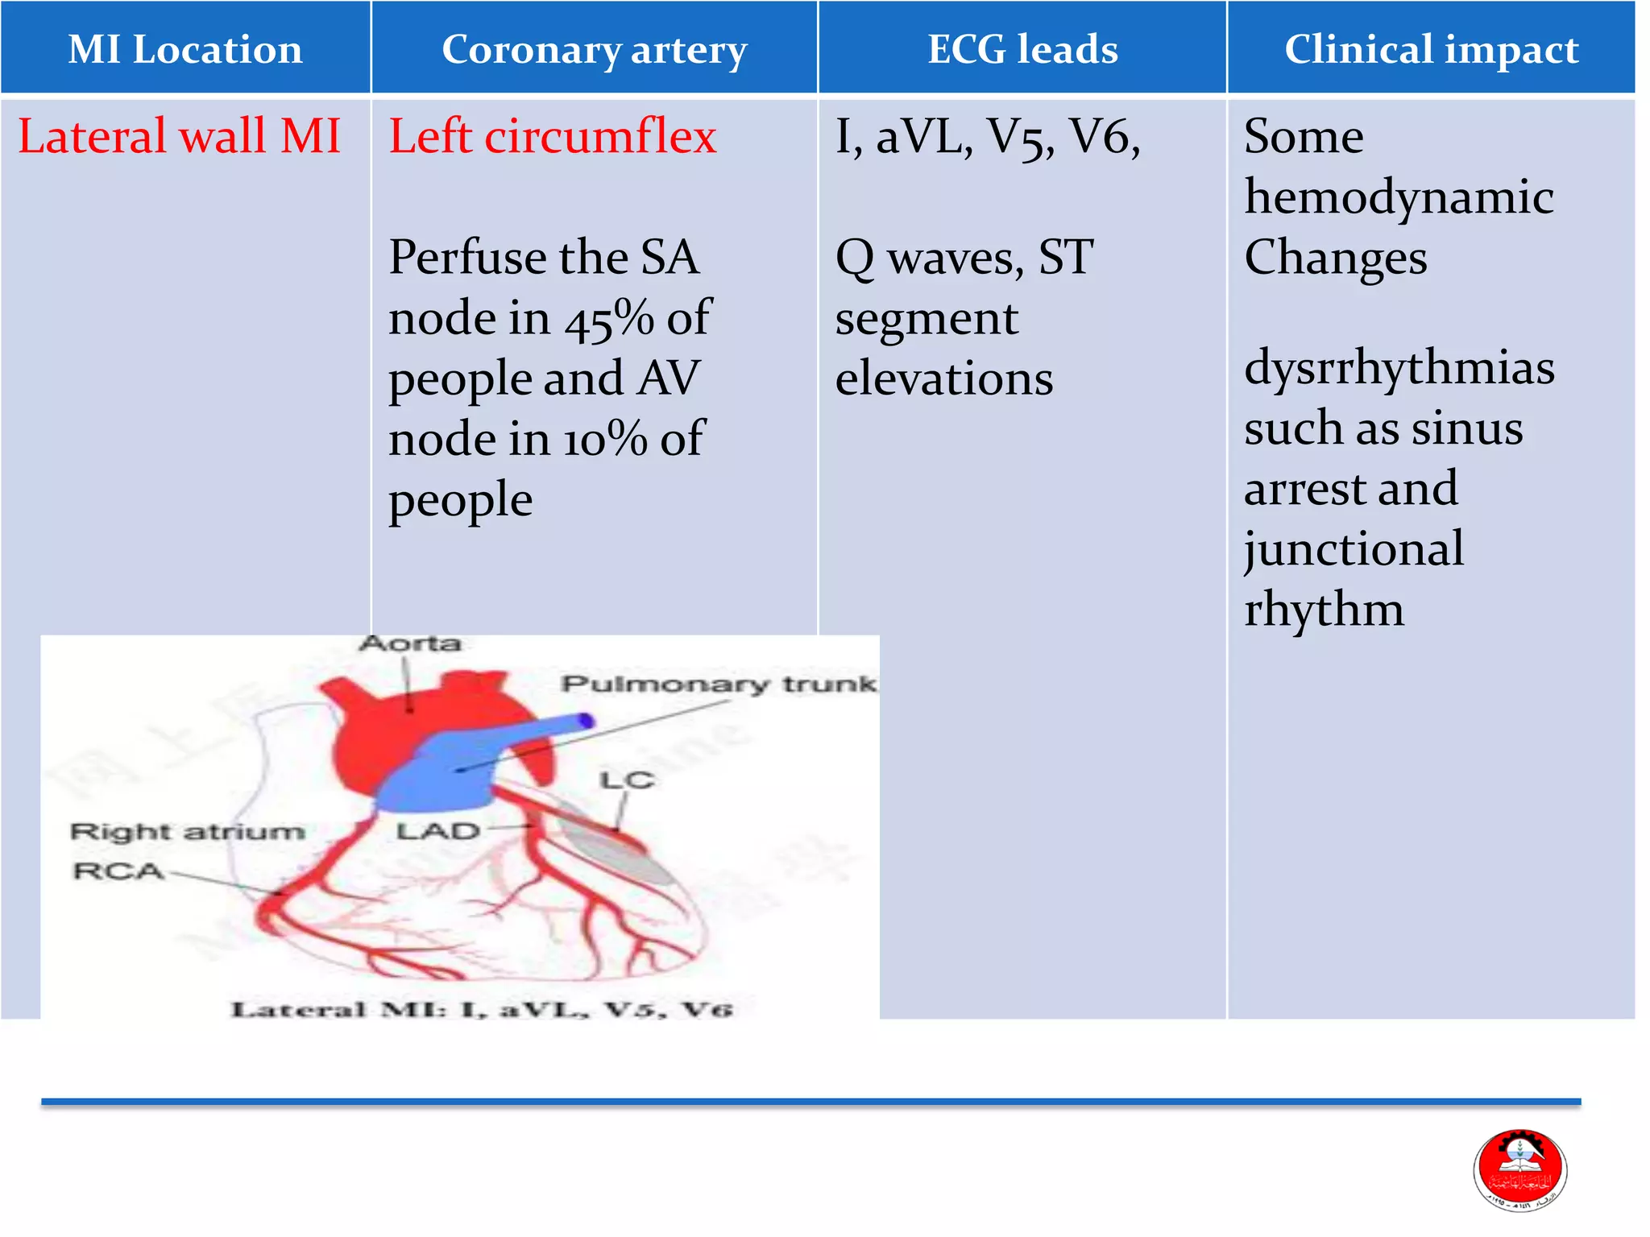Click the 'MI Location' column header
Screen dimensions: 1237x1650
pos(185,50)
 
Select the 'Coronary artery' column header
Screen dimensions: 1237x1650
pos(595,50)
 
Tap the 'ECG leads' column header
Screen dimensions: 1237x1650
pos(1022,50)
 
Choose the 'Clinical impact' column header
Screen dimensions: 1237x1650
pos(1431,50)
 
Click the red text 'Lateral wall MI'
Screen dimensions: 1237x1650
pos(179,136)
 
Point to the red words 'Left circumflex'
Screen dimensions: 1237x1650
pos(553,136)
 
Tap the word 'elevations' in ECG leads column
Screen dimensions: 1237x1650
pos(943,379)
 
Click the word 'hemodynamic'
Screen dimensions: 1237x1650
pos(1399,198)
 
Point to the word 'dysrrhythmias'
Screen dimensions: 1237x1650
pos(1399,369)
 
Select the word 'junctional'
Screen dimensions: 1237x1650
pos(1354,550)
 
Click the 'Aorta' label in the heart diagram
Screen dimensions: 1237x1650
pos(410,643)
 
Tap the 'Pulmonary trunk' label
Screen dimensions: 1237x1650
pos(719,685)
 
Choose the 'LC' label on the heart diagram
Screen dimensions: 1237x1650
pos(626,780)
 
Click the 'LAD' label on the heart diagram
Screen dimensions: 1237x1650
pos(437,831)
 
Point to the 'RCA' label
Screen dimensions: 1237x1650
pos(118,871)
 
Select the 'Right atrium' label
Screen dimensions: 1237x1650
pos(188,832)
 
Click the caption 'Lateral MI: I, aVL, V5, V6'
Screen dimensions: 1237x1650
pos(482,1010)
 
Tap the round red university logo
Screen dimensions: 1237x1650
pos(1519,1170)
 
